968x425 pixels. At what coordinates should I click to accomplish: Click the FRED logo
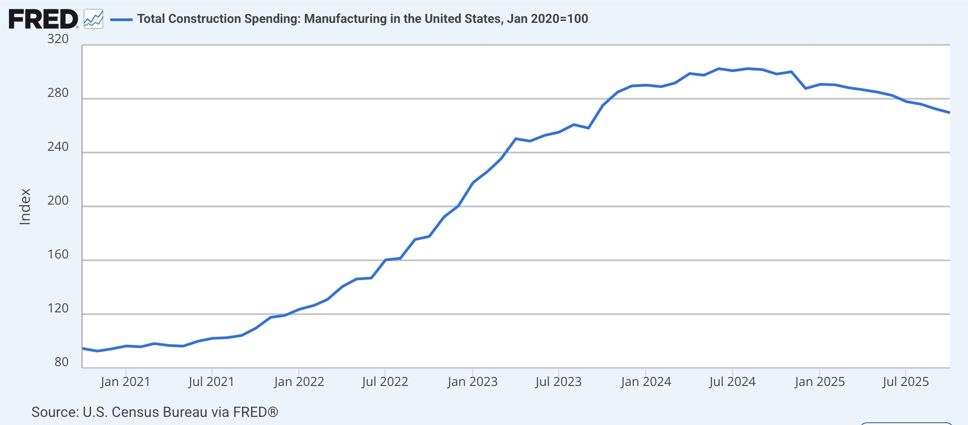pos(43,19)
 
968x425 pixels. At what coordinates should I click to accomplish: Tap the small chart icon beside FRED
pos(94,19)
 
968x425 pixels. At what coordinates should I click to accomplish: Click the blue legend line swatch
pos(121,19)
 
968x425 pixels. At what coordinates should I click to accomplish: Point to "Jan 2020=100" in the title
pos(548,19)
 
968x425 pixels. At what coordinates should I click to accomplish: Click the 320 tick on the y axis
pos(58,39)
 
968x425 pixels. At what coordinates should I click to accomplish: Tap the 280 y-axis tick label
pos(58,93)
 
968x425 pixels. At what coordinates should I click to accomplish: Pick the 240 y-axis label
pos(58,147)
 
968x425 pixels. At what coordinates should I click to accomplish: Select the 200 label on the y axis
pos(58,201)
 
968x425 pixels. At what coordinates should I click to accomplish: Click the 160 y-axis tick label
pos(58,254)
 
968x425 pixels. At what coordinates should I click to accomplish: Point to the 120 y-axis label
pos(58,308)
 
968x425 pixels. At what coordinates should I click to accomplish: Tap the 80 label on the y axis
pos(61,362)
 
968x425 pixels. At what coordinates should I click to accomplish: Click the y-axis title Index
pos(25,206)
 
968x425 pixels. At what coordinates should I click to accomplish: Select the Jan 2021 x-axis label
pos(125,382)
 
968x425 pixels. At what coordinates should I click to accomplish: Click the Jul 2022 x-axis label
pos(385,382)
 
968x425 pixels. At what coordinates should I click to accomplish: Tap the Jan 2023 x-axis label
pos(472,382)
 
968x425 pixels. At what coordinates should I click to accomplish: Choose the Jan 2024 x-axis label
pos(646,382)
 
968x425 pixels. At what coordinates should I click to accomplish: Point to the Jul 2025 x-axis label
pos(906,382)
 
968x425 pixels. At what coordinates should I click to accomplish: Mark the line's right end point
pos(949,113)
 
